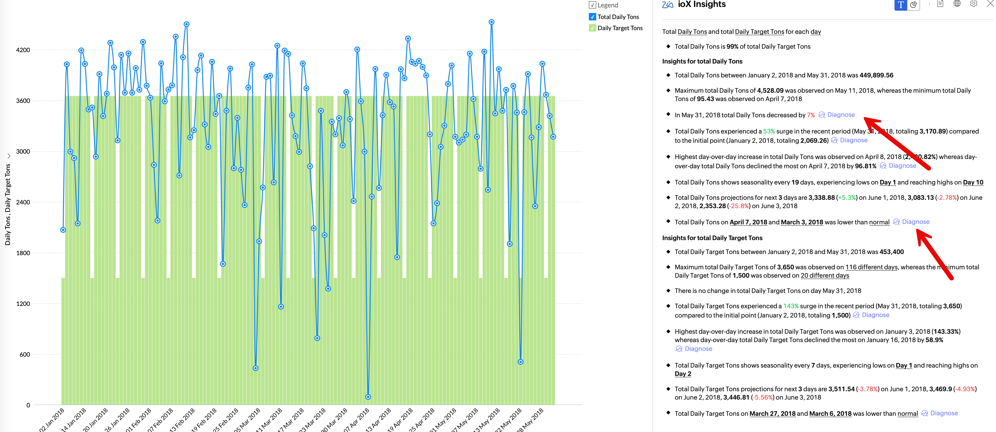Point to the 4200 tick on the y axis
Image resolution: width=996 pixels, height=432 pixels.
click(23, 50)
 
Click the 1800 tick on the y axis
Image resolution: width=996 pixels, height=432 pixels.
click(23, 253)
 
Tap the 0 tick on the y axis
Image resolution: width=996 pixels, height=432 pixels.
click(28, 405)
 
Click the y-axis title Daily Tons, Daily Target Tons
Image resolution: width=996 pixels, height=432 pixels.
click(8, 204)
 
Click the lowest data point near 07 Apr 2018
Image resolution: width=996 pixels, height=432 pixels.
click(368, 397)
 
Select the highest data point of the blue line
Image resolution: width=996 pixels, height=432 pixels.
click(492, 22)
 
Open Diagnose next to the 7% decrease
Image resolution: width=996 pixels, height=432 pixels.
click(841, 115)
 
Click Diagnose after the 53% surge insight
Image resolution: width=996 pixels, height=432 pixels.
click(853, 140)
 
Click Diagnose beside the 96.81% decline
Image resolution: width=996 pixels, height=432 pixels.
click(902, 166)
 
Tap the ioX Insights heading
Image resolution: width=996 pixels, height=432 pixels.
click(701, 5)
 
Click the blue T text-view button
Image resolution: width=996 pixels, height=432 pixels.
click(901, 5)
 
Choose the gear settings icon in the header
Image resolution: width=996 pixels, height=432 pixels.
click(974, 4)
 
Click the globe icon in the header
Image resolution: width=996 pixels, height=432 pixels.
click(957, 4)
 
